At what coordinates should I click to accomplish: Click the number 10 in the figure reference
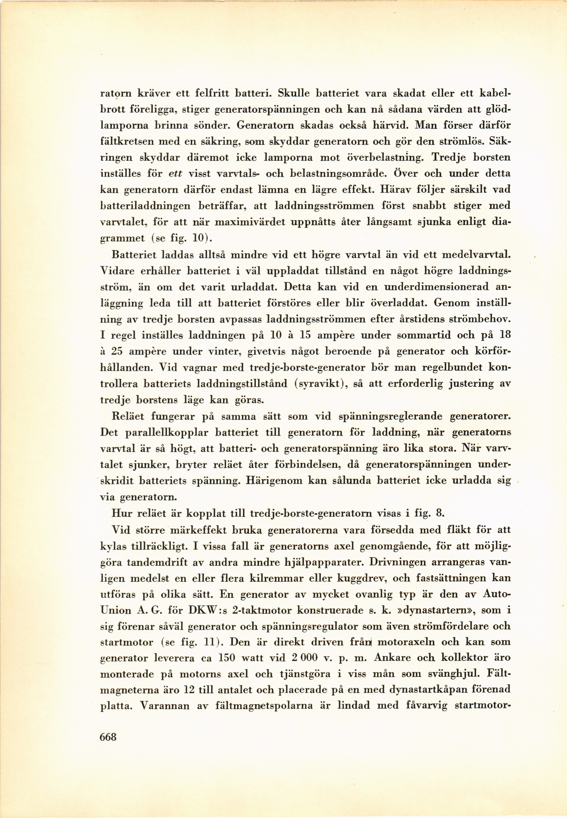[x=197, y=238]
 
